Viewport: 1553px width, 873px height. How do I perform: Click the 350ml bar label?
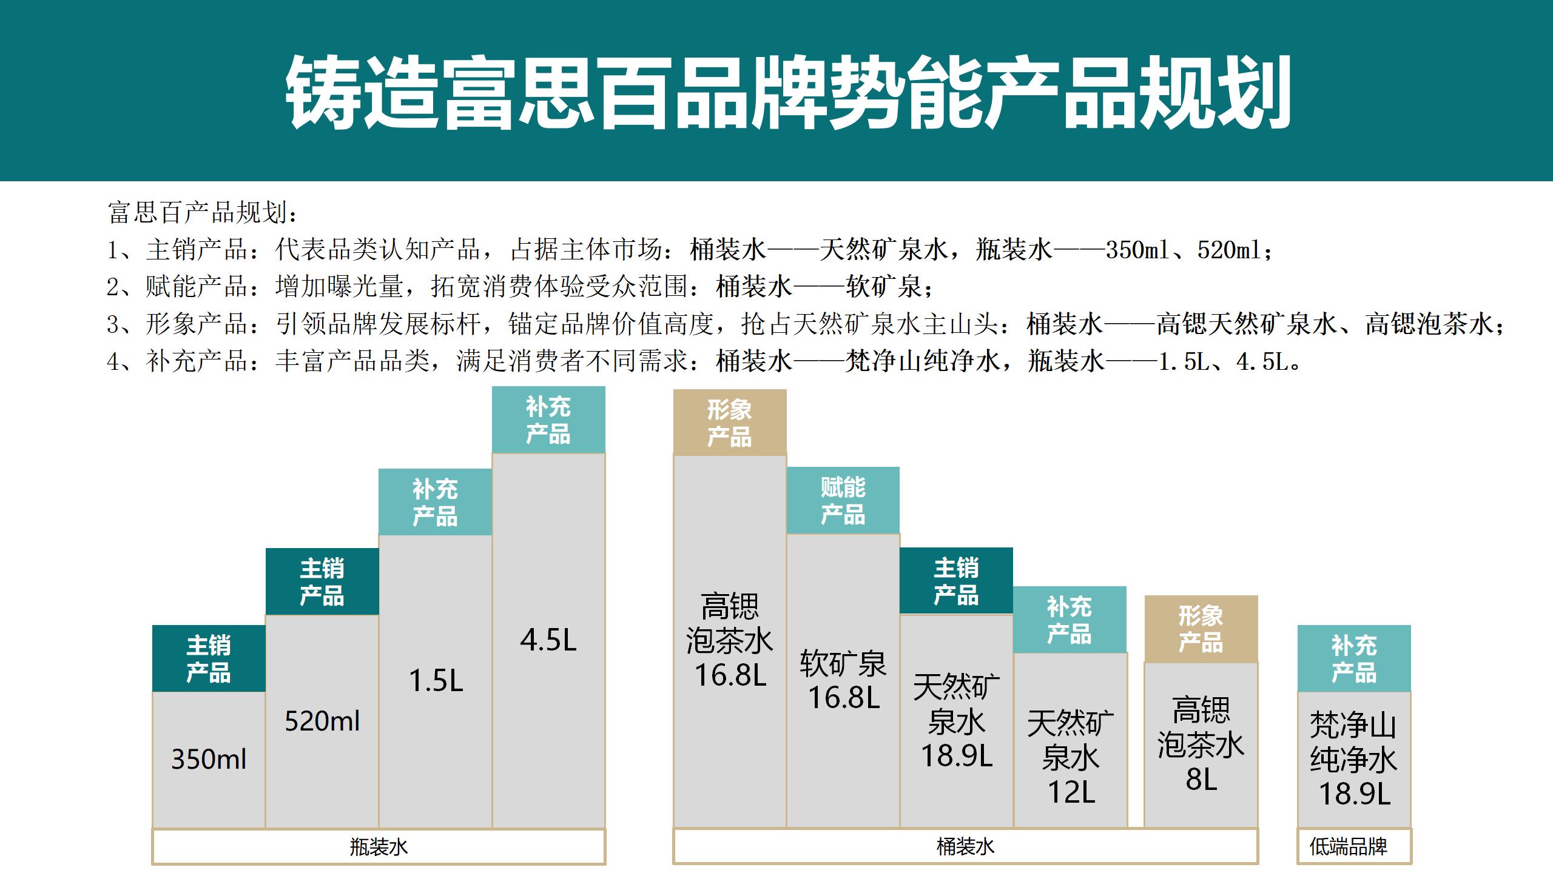[x=209, y=759]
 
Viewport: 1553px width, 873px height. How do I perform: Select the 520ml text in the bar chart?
[x=322, y=721]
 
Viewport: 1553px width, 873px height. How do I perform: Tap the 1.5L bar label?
[x=436, y=680]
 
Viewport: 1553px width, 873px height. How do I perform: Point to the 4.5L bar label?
[x=548, y=640]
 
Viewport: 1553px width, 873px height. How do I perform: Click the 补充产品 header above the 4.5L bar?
[x=548, y=420]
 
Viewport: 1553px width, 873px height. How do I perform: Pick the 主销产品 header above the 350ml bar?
[x=209, y=658]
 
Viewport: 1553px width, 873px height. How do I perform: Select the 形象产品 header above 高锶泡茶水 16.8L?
[x=729, y=423]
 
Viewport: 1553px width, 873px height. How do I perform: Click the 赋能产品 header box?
[x=843, y=500]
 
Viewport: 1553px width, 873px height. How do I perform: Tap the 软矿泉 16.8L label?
[x=843, y=680]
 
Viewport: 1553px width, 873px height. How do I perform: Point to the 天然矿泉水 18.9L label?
[x=956, y=721]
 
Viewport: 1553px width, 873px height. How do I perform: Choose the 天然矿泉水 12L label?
[x=1070, y=758]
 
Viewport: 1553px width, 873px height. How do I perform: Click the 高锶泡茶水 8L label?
[x=1201, y=744]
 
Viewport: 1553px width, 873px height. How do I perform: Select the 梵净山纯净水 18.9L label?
[x=1354, y=759]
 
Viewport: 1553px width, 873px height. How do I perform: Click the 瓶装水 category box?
[x=379, y=847]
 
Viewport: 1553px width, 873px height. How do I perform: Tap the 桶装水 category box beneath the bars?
[x=965, y=847]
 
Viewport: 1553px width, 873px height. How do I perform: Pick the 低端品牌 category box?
[x=1354, y=847]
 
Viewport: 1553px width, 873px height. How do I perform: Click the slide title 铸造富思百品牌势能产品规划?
[x=787, y=92]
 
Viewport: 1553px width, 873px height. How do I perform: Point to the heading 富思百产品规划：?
[x=203, y=212]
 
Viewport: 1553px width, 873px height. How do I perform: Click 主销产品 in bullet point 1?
[x=197, y=250]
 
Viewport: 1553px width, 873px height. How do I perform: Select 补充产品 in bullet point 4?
[x=197, y=362]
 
